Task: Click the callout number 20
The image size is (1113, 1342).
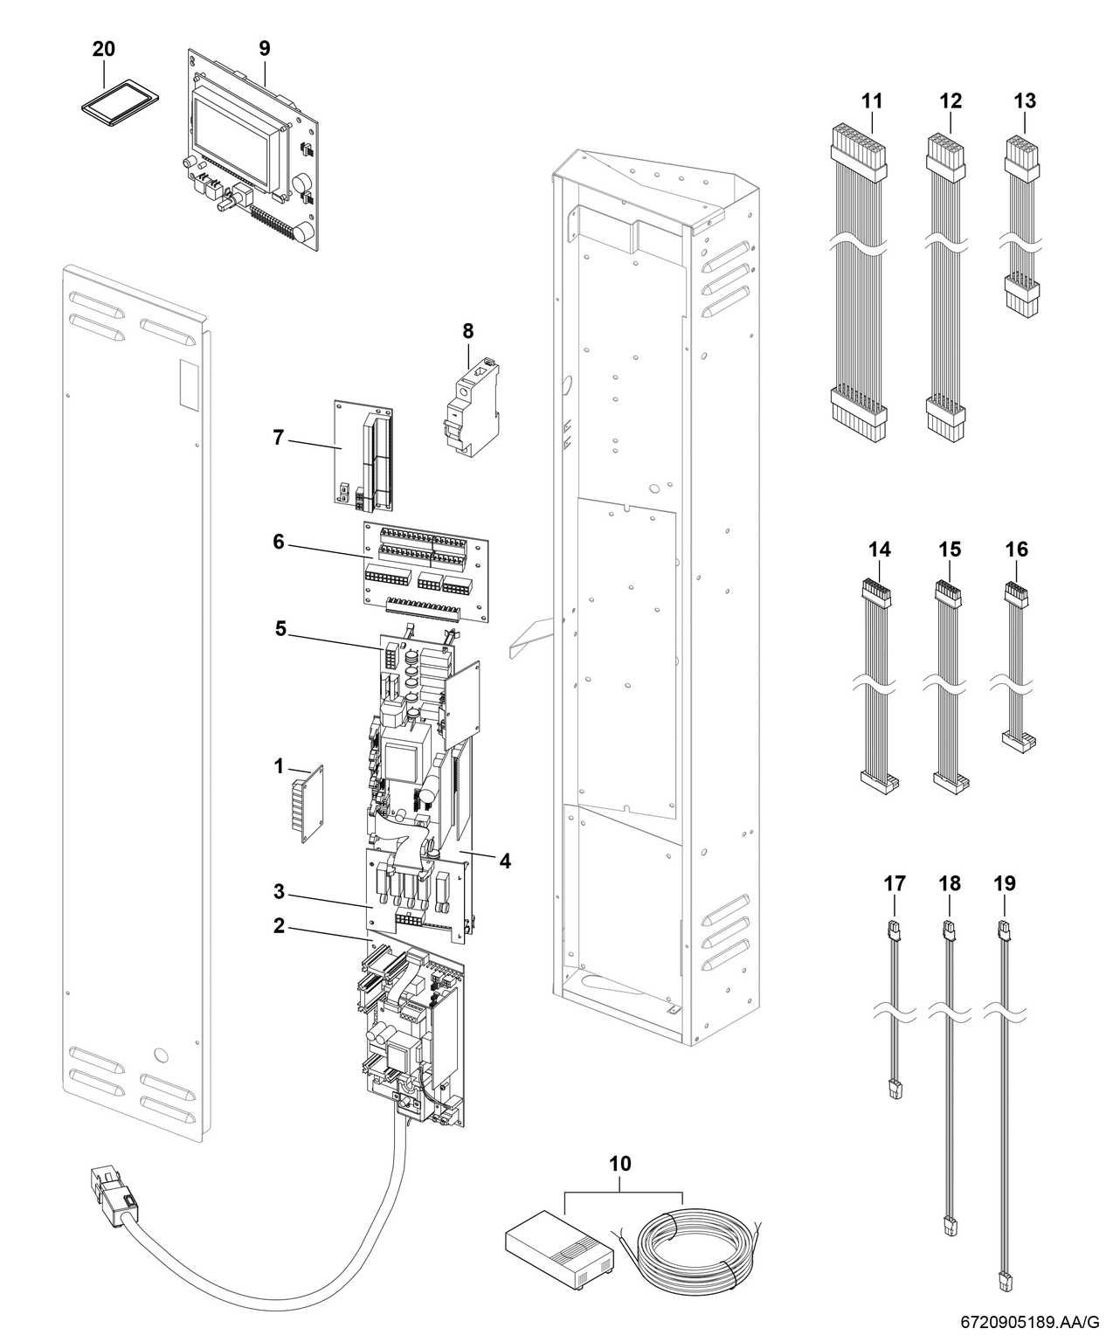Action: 103,50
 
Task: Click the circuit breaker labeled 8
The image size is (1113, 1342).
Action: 468,411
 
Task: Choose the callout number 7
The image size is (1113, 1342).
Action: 279,438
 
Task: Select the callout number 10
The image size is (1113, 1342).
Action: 620,1164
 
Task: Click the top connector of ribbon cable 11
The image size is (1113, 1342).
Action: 857,146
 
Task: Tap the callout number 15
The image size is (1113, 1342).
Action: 949,549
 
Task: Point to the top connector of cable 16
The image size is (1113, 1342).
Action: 1015,593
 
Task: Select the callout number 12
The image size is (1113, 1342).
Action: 950,100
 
